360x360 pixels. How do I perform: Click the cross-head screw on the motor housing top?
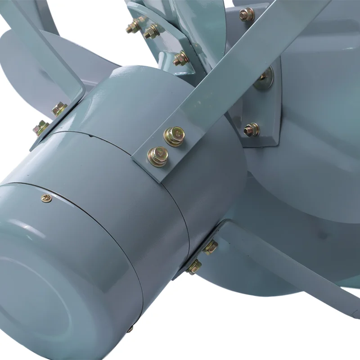(x=46, y=198)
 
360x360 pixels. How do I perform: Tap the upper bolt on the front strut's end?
(x=174, y=135)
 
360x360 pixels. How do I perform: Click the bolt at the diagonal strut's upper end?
(x=247, y=15)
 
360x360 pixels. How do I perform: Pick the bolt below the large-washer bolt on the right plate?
(x=251, y=130)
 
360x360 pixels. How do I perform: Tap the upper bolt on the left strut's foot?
(x=59, y=108)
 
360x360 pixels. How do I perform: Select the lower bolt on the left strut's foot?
(x=41, y=128)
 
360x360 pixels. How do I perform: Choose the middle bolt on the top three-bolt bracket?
(x=151, y=31)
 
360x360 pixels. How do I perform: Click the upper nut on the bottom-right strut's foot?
(x=210, y=247)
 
